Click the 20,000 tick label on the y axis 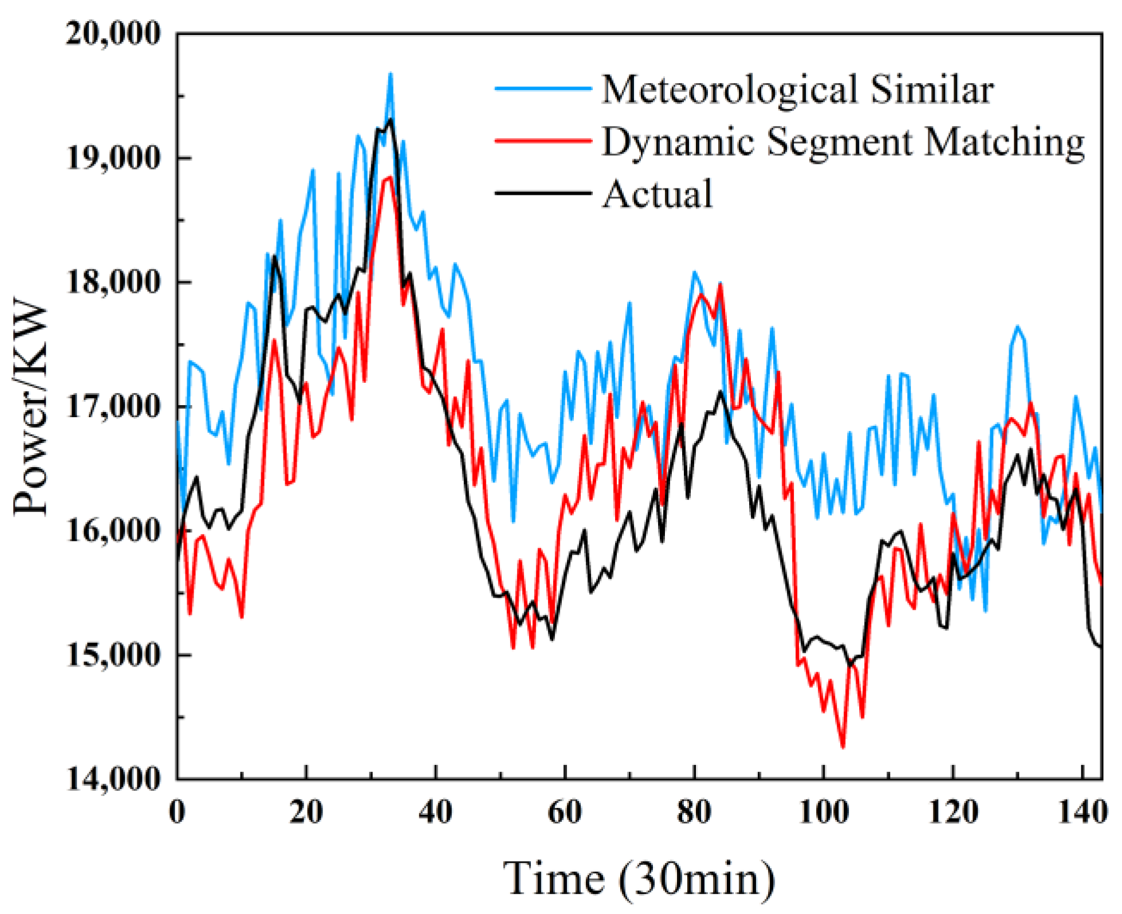click(113, 34)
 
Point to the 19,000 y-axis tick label click(113, 158)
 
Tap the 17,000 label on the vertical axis click(113, 407)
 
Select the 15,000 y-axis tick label click(113, 655)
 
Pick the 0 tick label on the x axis click(178, 812)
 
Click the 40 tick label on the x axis click(436, 812)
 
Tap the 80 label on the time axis click(694, 812)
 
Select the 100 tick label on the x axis click(823, 812)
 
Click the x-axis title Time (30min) click(639, 878)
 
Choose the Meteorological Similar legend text click(798, 89)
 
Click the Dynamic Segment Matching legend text click(843, 142)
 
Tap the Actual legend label click(658, 194)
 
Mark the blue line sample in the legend click(543, 89)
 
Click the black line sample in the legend click(543, 193)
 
